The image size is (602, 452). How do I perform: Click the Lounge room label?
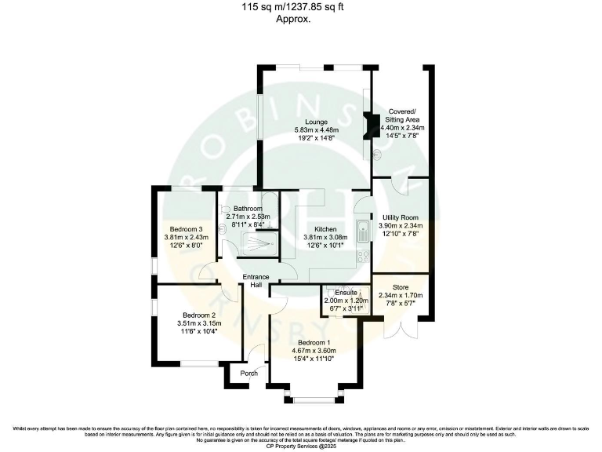(316, 122)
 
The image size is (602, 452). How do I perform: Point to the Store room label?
(400, 286)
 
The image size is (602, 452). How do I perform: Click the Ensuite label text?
(345, 291)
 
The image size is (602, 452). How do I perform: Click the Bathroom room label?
(247, 208)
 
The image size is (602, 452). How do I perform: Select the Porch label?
(249, 374)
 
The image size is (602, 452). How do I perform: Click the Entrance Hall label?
(256, 281)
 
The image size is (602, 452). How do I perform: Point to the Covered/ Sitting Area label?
(402, 115)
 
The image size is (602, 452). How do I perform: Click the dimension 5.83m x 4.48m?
(316, 129)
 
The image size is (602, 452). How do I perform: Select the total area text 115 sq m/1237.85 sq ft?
(293, 7)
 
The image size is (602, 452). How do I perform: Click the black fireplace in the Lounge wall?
(367, 125)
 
